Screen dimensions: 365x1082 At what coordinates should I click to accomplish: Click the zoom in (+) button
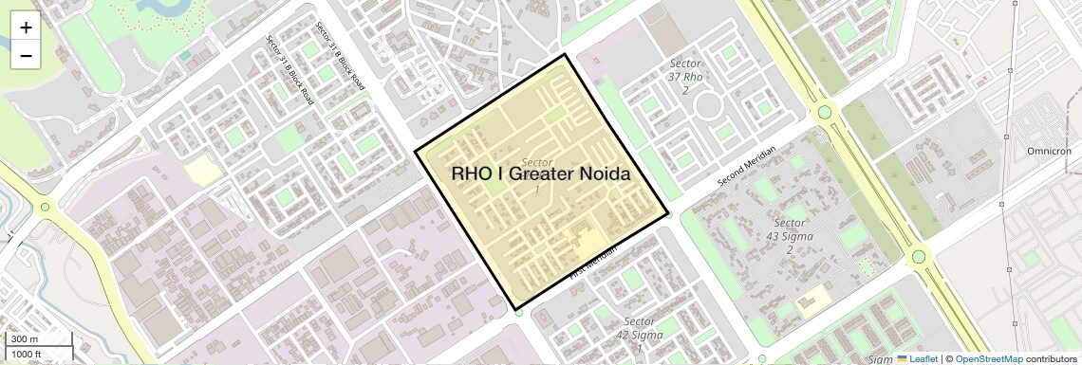click(26, 27)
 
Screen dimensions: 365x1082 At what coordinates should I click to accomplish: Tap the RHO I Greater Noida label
click(541, 174)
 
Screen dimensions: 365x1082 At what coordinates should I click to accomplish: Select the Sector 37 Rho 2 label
click(684, 77)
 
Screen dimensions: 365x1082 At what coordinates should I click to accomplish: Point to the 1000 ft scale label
click(27, 354)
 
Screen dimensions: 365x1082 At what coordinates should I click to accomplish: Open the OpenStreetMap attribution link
click(988, 359)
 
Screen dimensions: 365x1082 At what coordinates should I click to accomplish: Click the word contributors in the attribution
click(1051, 359)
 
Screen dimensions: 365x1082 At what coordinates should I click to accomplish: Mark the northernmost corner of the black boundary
click(567, 54)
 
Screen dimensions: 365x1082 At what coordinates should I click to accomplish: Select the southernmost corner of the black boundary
click(517, 310)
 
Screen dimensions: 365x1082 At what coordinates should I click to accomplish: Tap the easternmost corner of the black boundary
click(669, 212)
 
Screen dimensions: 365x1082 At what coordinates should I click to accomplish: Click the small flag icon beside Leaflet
click(903, 359)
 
